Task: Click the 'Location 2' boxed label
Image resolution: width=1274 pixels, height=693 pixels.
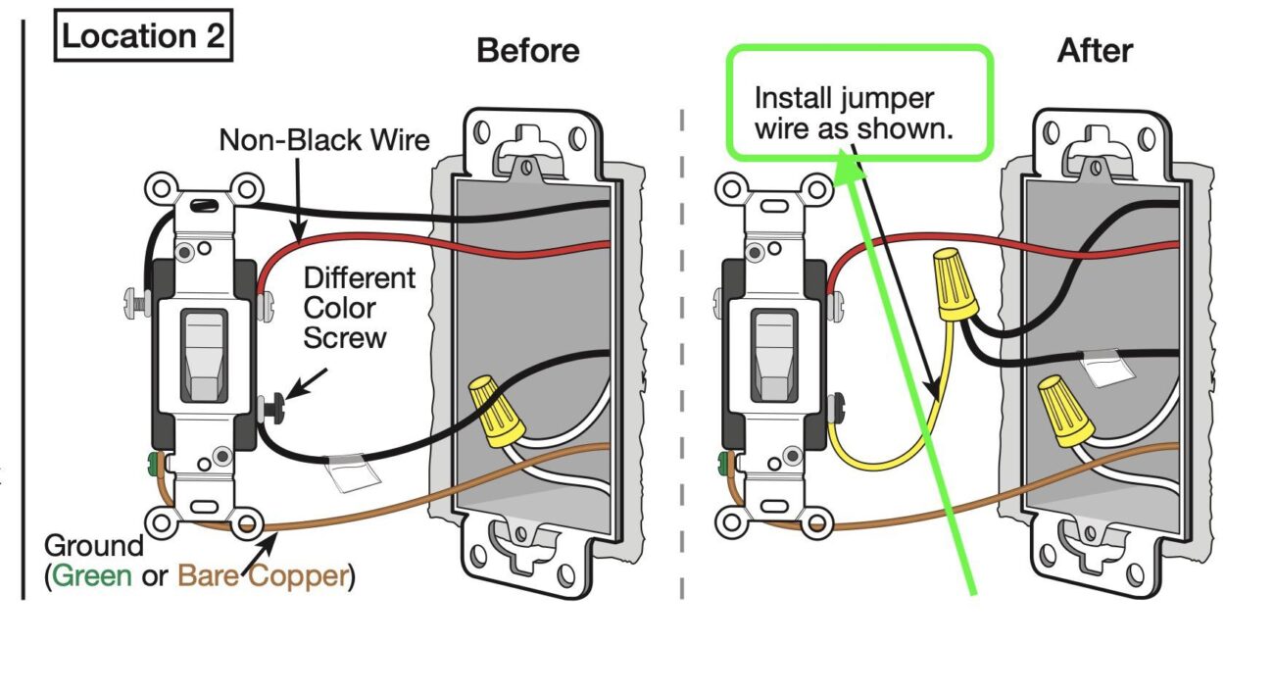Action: [x=142, y=36]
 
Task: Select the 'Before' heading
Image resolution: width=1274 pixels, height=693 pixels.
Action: [x=527, y=50]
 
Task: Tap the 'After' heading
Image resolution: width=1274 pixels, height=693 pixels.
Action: [x=1095, y=50]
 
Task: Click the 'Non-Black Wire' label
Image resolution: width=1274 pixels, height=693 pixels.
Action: [x=323, y=140]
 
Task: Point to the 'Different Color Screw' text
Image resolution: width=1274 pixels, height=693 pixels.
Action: [x=359, y=308]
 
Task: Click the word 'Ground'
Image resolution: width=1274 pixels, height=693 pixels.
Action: [x=94, y=546]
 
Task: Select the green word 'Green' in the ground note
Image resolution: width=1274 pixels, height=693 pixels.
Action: [x=92, y=575]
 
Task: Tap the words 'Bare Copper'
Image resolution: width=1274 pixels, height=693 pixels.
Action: [x=263, y=575]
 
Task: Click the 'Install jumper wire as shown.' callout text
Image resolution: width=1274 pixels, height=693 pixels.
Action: [x=853, y=114]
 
